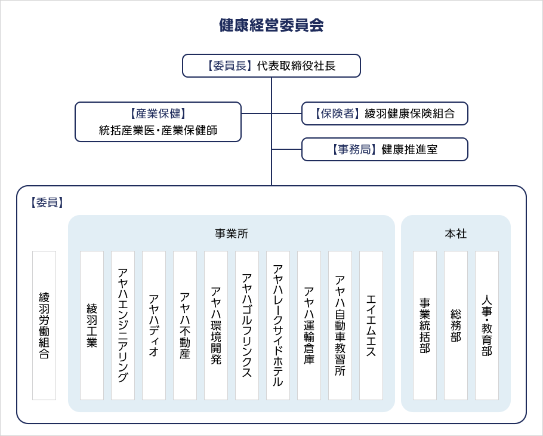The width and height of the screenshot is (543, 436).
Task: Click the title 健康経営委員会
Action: [271, 25]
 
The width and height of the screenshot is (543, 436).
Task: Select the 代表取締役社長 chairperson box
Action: [271, 66]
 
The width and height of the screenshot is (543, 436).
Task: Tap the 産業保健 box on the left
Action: [158, 122]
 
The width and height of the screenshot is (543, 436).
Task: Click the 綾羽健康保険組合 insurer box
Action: [384, 113]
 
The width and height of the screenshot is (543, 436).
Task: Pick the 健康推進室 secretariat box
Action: [384, 149]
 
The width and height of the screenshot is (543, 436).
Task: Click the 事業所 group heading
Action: [231, 234]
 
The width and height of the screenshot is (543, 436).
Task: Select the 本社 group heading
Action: [455, 234]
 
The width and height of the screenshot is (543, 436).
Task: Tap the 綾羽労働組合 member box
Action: [44, 325]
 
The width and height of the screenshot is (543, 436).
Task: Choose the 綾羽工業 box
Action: [92, 325]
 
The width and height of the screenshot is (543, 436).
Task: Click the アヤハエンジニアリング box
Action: [123, 325]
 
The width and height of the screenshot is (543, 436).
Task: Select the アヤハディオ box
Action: [154, 325]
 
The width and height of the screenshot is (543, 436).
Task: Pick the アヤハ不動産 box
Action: [185, 325]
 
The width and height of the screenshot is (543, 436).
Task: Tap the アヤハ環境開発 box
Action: [216, 325]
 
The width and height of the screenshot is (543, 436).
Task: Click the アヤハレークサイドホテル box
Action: [278, 325]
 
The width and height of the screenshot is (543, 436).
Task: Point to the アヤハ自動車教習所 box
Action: [340, 325]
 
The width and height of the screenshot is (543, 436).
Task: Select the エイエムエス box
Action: [371, 325]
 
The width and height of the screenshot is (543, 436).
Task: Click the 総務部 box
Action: [456, 325]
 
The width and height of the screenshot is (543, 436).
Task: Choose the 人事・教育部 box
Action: [487, 325]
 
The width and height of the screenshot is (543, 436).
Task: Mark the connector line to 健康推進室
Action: [286, 149]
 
